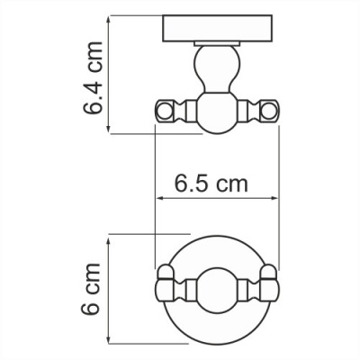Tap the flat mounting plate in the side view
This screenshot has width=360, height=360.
[217, 30]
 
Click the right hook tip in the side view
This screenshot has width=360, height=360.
[270, 112]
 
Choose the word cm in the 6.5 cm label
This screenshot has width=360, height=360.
[233, 184]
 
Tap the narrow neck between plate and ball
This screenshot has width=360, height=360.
[217, 49]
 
